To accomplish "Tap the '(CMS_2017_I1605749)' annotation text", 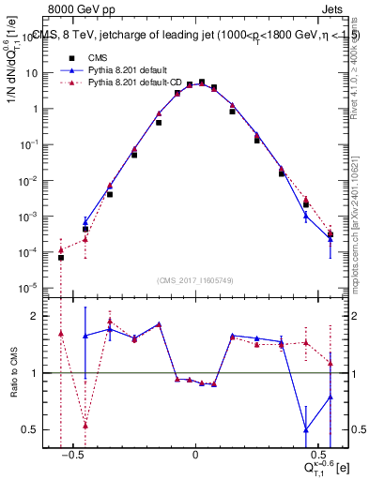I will click(x=195, y=280).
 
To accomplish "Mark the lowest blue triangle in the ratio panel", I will click(x=306, y=430).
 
